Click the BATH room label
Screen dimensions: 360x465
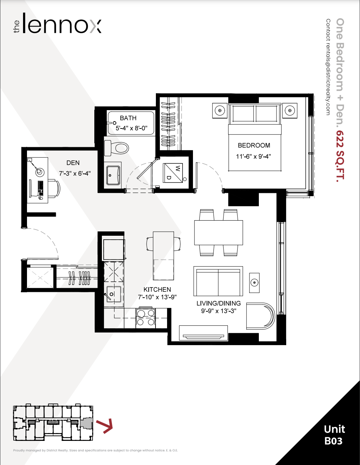128,118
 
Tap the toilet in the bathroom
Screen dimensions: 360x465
116,148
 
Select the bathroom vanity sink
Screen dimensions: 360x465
113,175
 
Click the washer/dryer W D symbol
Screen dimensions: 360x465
173,173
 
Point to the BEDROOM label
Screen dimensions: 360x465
254,145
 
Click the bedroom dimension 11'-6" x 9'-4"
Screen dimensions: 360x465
253,157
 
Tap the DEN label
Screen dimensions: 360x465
73,163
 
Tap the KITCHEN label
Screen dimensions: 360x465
157,289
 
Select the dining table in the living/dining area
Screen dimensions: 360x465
219,232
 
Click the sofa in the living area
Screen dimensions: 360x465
218,281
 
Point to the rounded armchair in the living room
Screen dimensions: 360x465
260,316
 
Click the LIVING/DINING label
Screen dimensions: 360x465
219,303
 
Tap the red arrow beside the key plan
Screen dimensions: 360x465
104,426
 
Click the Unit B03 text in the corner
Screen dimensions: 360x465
334,435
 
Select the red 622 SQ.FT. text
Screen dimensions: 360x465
340,155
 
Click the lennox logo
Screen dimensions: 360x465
57,23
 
